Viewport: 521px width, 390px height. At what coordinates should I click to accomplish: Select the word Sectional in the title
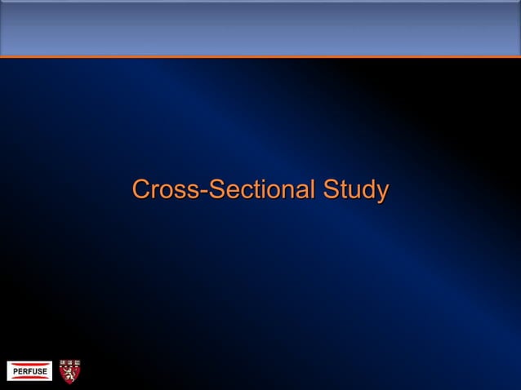(260, 190)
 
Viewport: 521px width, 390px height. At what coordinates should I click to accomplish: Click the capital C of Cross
(141, 190)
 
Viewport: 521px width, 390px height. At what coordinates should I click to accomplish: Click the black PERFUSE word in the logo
(29, 371)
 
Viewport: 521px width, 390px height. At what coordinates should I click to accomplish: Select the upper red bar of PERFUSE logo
(29, 363)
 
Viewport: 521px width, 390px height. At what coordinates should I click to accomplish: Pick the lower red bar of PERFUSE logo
(29, 379)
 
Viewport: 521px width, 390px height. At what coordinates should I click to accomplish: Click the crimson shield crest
(70, 370)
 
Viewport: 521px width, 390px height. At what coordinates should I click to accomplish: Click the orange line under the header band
(260, 56)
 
